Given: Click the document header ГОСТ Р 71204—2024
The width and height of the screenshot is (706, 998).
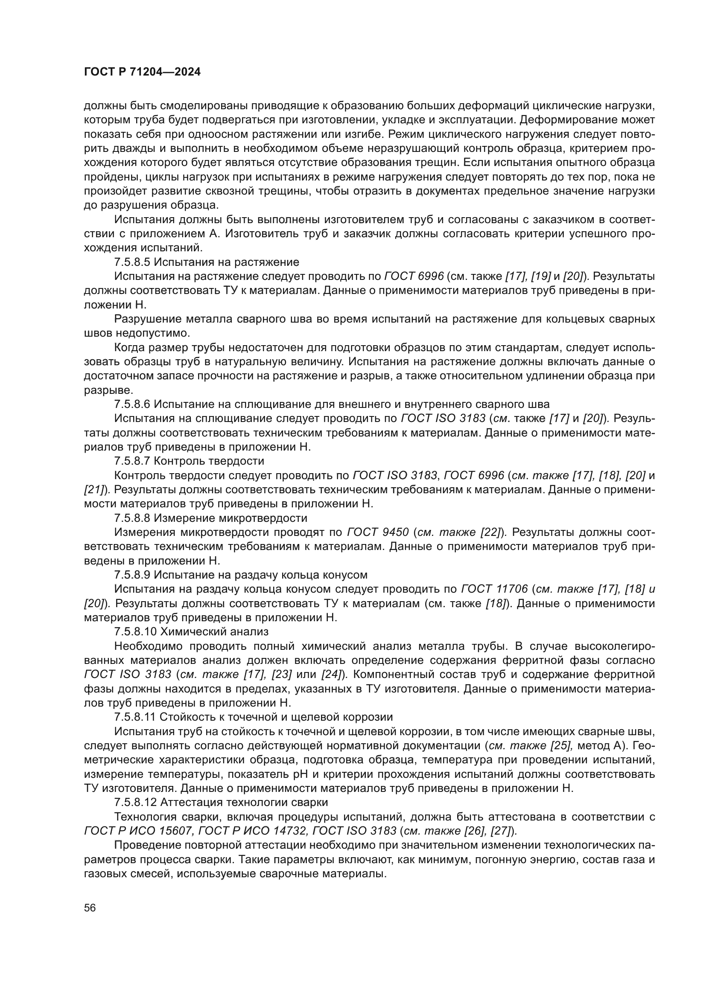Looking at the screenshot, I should click(142, 72).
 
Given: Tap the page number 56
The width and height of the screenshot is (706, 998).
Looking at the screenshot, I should click(90, 908).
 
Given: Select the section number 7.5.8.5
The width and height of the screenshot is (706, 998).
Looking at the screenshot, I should click(132, 262).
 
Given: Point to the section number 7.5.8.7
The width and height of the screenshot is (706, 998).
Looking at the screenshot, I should click(132, 461).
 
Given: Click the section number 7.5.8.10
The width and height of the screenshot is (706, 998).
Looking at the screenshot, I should click(135, 631).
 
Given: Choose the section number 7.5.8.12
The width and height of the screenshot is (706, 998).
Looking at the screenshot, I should click(135, 802).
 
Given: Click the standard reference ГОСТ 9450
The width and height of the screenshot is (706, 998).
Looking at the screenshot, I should click(378, 532).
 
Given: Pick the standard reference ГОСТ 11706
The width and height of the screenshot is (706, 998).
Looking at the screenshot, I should click(494, 589).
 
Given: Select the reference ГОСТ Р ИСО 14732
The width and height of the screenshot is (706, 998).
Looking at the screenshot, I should click(253, 831).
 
